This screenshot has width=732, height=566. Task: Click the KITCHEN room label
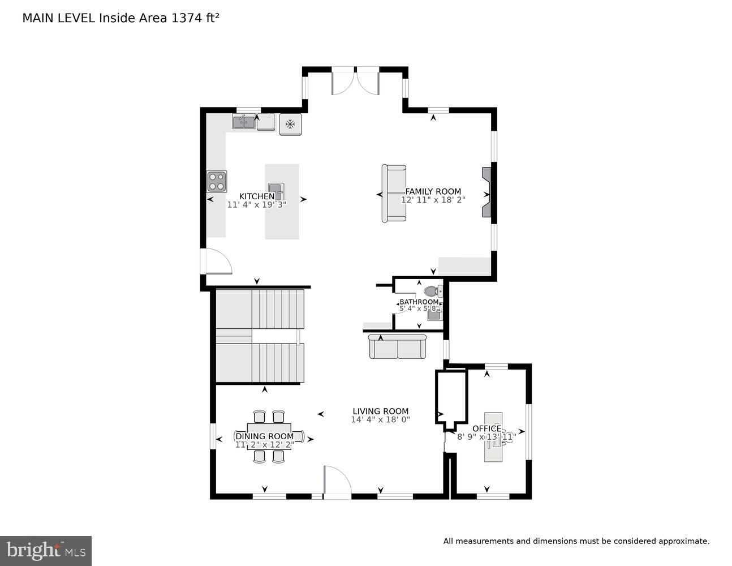256,196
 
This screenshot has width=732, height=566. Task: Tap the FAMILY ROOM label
433,191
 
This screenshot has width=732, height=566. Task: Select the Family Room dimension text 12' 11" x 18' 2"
433,200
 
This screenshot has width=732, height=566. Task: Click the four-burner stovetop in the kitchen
217,182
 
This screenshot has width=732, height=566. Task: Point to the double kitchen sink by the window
243,121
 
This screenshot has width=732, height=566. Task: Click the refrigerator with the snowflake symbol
291,124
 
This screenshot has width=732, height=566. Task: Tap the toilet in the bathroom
432,292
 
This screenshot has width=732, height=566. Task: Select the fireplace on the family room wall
486,192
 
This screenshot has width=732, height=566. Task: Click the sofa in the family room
394,193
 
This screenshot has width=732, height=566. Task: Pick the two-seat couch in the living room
398,346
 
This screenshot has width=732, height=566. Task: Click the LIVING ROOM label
380,411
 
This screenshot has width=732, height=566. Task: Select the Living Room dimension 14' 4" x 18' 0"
380,420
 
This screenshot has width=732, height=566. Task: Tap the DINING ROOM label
265,436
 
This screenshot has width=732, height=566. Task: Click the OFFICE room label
486,428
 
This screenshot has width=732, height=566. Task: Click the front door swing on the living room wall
337,481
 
